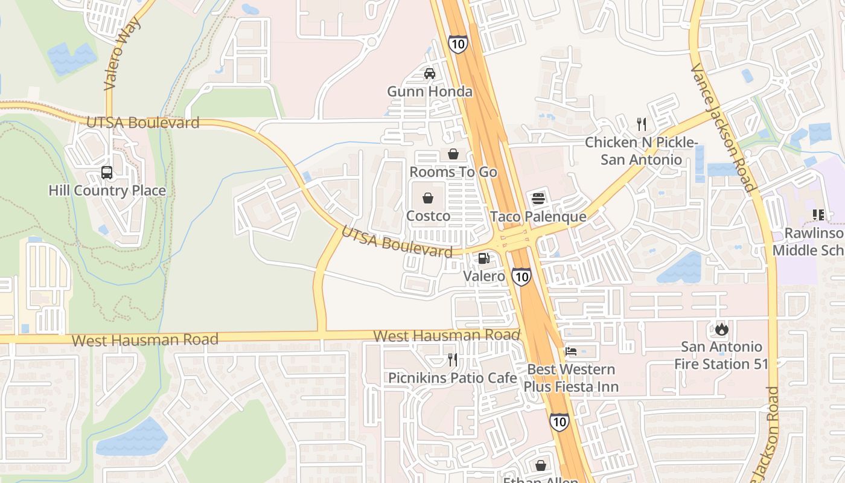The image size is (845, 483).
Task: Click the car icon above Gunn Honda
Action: pos(429,74)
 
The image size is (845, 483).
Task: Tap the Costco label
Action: pos(428,216)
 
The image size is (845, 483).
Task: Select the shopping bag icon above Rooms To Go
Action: pos(453,154)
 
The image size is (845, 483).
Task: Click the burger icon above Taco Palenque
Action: pos(538,199)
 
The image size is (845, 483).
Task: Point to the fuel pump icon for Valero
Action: pos(483,258)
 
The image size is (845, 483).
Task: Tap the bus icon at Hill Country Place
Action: pos(107,173)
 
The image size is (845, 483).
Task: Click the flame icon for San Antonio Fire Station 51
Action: pos(721,329)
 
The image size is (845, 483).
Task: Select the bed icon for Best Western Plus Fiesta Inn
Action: pos(571,351)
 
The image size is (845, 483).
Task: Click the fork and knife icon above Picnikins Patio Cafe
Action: pos(452,360)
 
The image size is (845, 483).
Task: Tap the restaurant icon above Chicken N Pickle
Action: pos(642,124)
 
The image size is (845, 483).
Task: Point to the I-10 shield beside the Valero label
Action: pos(521,277)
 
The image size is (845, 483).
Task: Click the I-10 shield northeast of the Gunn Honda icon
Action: pos(458,43)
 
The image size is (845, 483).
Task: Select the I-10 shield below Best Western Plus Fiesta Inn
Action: pos(559,421)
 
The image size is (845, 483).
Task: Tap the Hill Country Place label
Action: pos(107,191)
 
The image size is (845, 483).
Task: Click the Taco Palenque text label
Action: pos(538,216)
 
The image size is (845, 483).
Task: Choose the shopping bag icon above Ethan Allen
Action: pos(540,465)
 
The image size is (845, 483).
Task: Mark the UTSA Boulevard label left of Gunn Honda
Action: pos(142,123)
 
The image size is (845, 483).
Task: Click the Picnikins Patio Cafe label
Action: pos(452,378)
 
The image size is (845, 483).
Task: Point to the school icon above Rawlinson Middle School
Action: pos(818,214)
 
